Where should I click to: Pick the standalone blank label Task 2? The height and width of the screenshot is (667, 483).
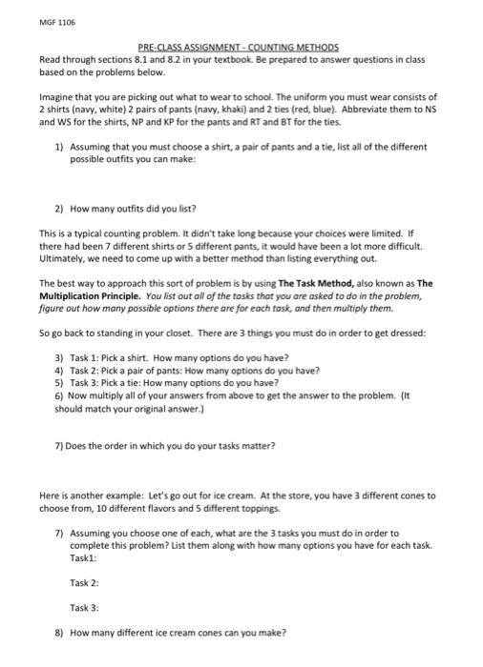pos(85,581)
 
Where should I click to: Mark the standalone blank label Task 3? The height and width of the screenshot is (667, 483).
pos(85,606)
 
